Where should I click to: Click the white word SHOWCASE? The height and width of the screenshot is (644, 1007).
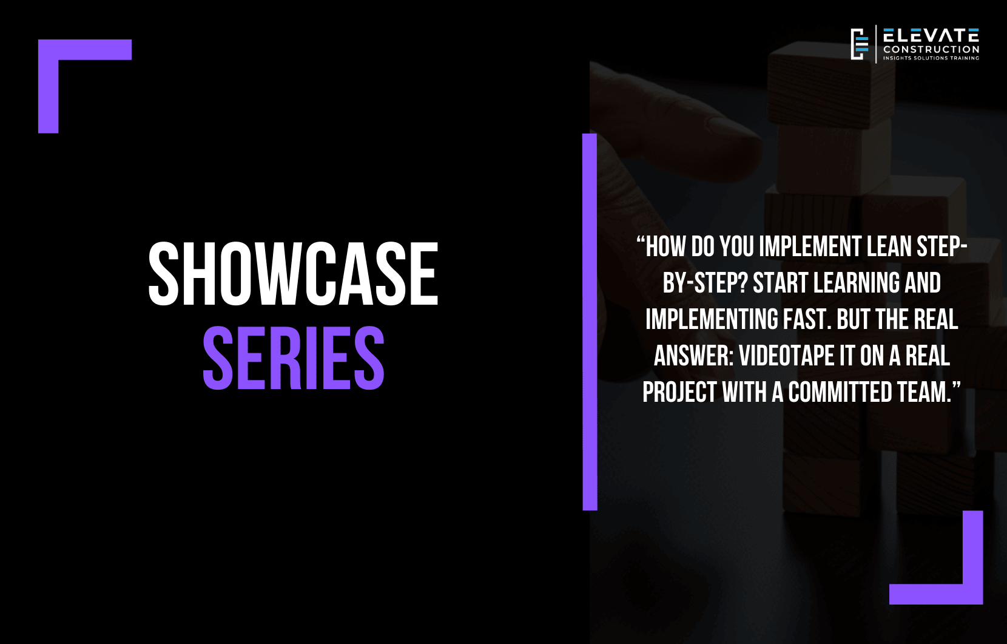coord(293,274)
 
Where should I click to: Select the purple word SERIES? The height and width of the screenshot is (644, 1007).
coord(294,358)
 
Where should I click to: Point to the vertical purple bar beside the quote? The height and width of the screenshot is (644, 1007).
coord(590,322)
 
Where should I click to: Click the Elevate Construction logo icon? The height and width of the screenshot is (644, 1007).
coord(860,44)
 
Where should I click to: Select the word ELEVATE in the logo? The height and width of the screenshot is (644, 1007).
coord(931,35)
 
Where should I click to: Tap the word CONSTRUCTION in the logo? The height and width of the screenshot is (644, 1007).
coord(931,50)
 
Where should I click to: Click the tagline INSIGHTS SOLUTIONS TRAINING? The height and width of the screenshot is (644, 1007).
coord(931,58)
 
